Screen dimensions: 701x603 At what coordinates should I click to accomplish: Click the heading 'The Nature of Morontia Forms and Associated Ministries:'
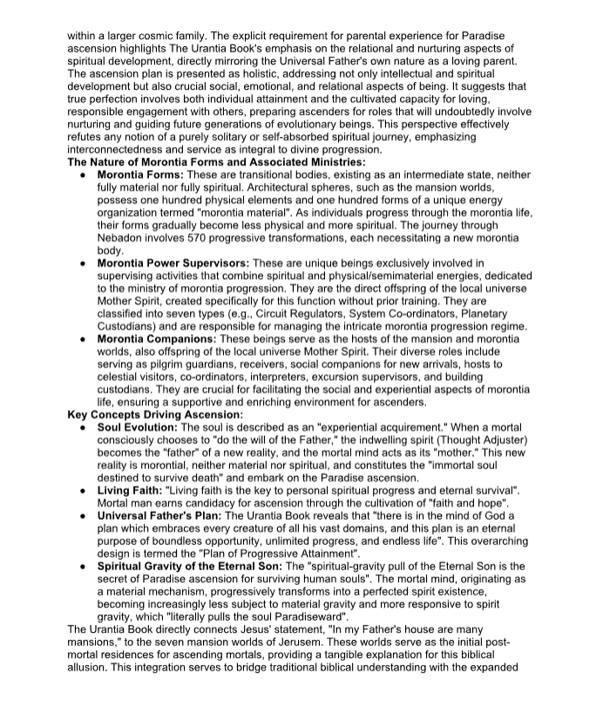[216, 161]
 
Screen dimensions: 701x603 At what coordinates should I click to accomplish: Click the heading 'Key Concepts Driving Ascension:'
[155, 415]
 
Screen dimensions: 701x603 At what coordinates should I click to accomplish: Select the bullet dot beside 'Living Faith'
[81, 491]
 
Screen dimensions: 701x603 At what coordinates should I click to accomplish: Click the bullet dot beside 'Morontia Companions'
[81, 338]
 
